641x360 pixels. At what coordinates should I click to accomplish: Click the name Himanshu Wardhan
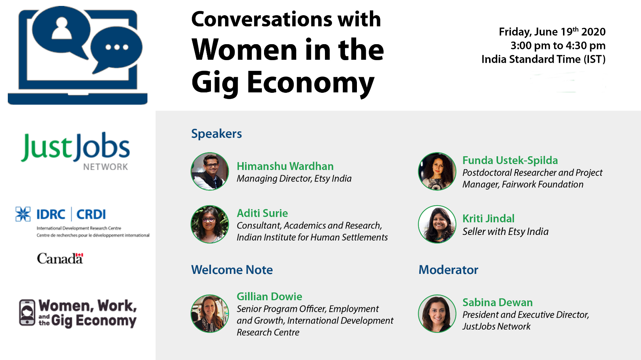pyautogui.click(x=285, y=166)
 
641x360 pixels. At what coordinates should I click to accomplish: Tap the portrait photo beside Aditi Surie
pyautogui.click(x=210, y=224)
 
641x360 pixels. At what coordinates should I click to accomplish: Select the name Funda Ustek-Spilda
pyautogui.click(x=510, y=160)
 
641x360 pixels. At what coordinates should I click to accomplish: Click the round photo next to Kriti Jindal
pyautogui.click(x=437, y=224)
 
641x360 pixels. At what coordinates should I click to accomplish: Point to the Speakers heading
pyautogui.click(x=217, y=134)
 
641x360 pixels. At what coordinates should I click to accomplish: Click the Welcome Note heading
pyautogui.click(x=232, y=270)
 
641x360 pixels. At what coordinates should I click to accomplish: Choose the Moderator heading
pyautogui.click(x=448, y=270)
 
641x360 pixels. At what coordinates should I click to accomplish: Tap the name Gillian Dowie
pyautogui.click(x=270, y=297)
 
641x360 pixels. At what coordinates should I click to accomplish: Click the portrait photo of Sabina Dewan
pyautogui.click(x=437, y=314)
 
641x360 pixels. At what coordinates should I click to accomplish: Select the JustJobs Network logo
pyautogui.click(x=75, y=151)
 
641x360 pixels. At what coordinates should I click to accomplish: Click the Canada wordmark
pyautogui.click(x=60, y=258)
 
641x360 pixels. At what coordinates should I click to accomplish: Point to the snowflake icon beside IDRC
pyautogui.click(x=23, y=214)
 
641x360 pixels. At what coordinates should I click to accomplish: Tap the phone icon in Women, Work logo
pyautogui.click(x=27, y=313)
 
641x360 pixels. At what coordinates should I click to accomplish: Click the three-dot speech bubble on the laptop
pyautogui.click(x=117, y=48)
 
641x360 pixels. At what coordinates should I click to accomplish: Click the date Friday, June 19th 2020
pyautogui.click(x=552, y=32)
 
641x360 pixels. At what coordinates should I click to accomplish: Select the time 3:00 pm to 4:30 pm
pyautogui.click(x=558, y=46)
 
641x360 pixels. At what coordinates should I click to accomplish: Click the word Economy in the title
pyautogui.click(x=310, y=83)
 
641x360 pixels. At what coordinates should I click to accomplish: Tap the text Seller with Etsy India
pyautogui.click(x=505, y=232)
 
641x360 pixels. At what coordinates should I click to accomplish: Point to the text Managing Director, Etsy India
pyautogui.click(x=294, y=179)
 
